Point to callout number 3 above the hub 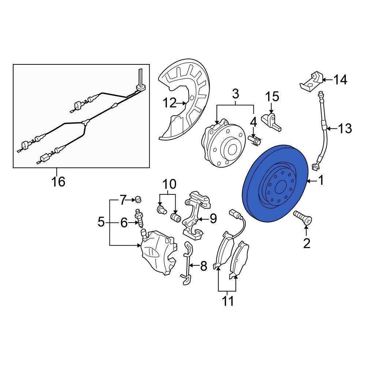click(235, 94)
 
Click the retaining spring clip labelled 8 click(187, 264)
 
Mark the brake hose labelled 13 click(323, 128)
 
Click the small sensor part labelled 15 click(272, 121)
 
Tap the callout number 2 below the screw click(306, 243)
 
